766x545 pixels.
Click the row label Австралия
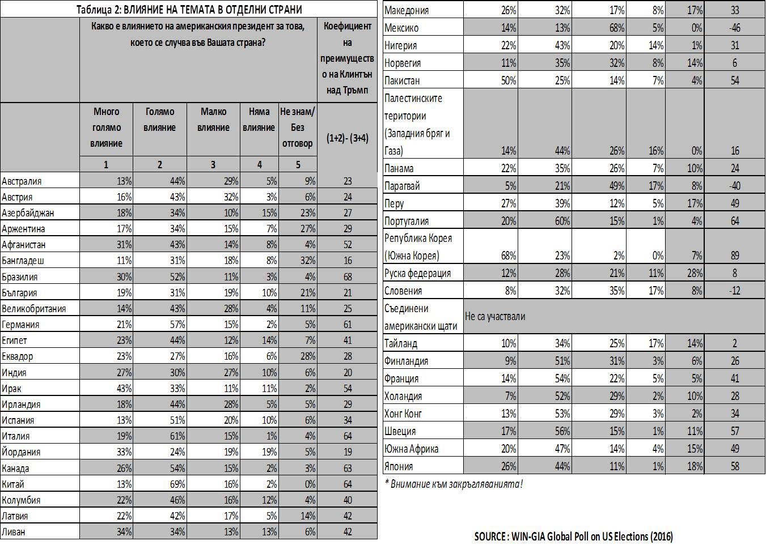pyautogui.click(x=22, y=181)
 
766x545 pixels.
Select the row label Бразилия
pyautogui.click(x=20, y=277)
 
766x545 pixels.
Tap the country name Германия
pyautogui.click(x=20, y=325)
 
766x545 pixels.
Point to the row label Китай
pyautogui.click(x=13, y=484)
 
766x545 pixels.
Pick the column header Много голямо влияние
pyautogui.click(x=106, y=127)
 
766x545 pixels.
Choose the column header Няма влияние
pyautogui.click(x=259, y=120)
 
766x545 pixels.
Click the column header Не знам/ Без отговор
pyautogui.click(x=297, y=127)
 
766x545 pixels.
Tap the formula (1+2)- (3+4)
pyautogui.click(x=347, y=138)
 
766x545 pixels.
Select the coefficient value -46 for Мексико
pyautogui.click(x=735, y=28)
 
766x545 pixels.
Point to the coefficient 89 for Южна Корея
pyautogui.click(x=735, y=256)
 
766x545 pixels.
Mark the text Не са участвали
pyautogui.click(x=495, y=316)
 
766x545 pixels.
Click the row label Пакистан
pyautogui.click(x=402, y=80)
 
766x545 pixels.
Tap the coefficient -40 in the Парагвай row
pyautogui.click(x=735, y=186)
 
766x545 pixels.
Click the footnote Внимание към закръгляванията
pyautogui.click(x=454, y=484)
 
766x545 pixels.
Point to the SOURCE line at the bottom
pyautogui.click(x=573, y=536)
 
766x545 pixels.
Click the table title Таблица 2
pyautogui.click(x=189, y=9)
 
